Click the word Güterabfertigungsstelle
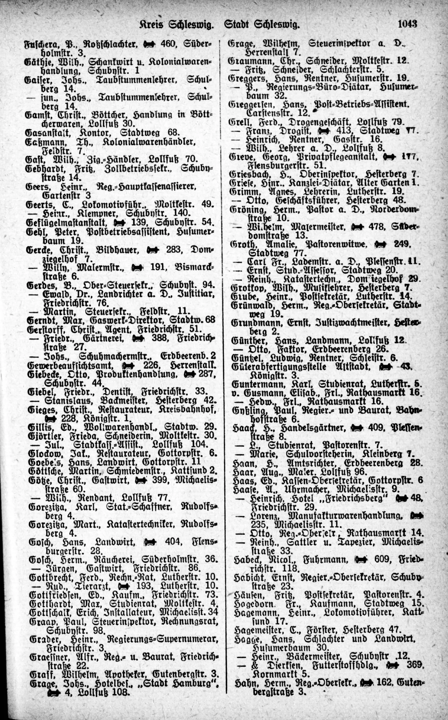pos(279,367)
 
